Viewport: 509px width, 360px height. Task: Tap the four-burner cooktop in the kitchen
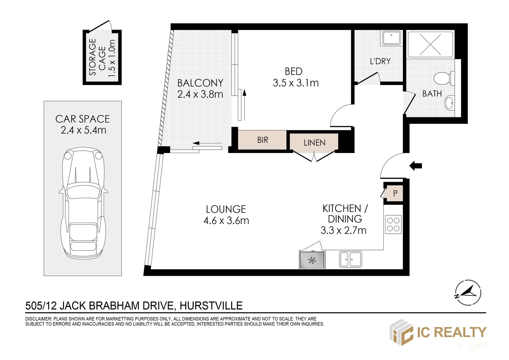point(393,224)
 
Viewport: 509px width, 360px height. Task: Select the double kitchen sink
point(350,259)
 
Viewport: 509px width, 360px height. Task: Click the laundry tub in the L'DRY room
point(391,38)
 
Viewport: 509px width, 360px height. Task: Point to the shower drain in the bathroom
point(430,45)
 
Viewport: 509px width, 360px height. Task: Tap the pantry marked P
point(395,193)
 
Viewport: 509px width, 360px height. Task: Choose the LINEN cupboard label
point(314,143)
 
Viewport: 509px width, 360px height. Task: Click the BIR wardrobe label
point(263,140)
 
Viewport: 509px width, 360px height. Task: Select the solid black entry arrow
point(416,166)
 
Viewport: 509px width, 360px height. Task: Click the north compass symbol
point(468,292)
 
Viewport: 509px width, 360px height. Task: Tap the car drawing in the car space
point(83,202)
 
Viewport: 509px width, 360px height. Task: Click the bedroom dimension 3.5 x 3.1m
point(295,83)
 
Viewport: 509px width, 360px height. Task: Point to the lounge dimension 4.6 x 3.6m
point(226,221)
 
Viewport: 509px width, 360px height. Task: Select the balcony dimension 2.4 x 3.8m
point(200,94)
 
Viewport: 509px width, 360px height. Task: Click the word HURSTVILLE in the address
point(211,306)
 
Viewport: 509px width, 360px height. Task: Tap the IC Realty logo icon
point(401,332)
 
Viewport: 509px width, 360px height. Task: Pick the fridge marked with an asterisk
point(312,260)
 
